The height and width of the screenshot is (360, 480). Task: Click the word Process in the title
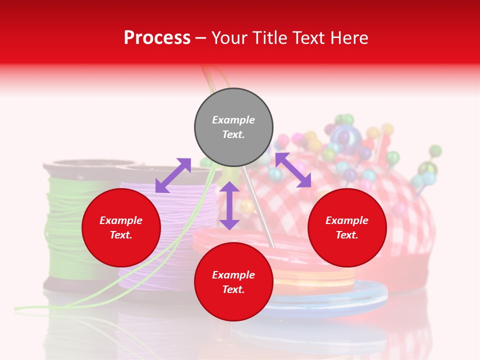157,38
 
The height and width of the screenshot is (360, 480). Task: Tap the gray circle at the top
233,127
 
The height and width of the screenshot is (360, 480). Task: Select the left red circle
121,227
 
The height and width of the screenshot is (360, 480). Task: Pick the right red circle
347,227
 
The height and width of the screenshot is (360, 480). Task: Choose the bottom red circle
233,282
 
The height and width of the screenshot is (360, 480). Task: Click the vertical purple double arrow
229,205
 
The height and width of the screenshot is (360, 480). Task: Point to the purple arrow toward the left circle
173,175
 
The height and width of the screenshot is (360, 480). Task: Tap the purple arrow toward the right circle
293,170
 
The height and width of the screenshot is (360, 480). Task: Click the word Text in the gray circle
233,134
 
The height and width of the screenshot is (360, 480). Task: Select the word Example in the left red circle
121,220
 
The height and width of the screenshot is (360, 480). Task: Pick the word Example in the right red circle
347,220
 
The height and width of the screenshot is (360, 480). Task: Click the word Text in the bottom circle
233,289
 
